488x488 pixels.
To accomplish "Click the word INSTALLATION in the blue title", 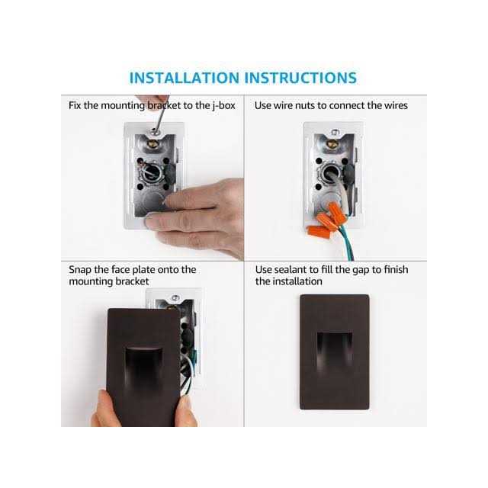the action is click(x=184, y=78).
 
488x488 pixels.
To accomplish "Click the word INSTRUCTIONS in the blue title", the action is click(x=300, y=78).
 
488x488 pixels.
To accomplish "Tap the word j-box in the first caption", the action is click(x=223, y=106).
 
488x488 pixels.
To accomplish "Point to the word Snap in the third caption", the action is click(x=80, y=270).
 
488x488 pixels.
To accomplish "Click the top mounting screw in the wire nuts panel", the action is click(x=335, y=133).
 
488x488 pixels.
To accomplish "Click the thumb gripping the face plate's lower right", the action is click(x=186, y=411).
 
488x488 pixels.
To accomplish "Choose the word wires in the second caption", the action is click(x=396, y=106).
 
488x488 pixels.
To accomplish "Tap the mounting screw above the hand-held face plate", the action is click(x=175, y=298).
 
